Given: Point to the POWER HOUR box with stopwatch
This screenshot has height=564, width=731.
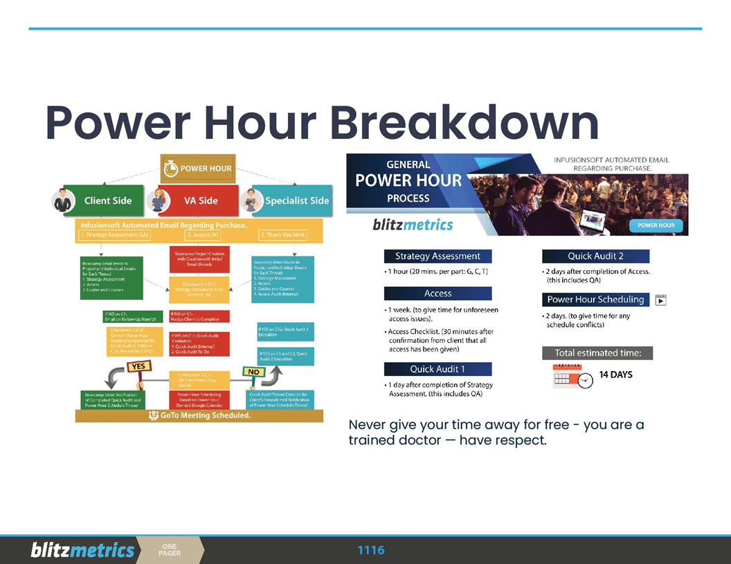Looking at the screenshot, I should coord(198,169).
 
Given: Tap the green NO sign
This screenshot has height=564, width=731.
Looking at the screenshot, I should coord(254,372).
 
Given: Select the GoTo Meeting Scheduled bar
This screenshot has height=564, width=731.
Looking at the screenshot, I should coord(199,415).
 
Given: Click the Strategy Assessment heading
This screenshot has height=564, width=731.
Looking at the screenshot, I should coord(437,256).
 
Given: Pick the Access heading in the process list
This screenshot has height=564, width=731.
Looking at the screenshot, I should coord(437,293).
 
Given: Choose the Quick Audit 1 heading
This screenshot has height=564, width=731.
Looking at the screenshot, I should coord(437,369).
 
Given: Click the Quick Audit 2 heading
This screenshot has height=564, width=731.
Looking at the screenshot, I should coord(595,256).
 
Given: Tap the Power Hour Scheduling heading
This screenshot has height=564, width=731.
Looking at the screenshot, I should coord(595,299).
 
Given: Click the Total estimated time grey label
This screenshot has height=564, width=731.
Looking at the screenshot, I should coord(597,353).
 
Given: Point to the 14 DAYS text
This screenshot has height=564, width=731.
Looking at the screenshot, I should coord(615,375).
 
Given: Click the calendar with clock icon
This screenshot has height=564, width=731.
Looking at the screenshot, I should coord(572,377).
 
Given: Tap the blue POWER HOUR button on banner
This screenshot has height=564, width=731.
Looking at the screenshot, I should coord(656,225).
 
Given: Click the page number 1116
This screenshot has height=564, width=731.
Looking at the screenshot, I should coord(370,550).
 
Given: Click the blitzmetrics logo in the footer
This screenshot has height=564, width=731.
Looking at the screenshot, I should coord(82,550).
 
